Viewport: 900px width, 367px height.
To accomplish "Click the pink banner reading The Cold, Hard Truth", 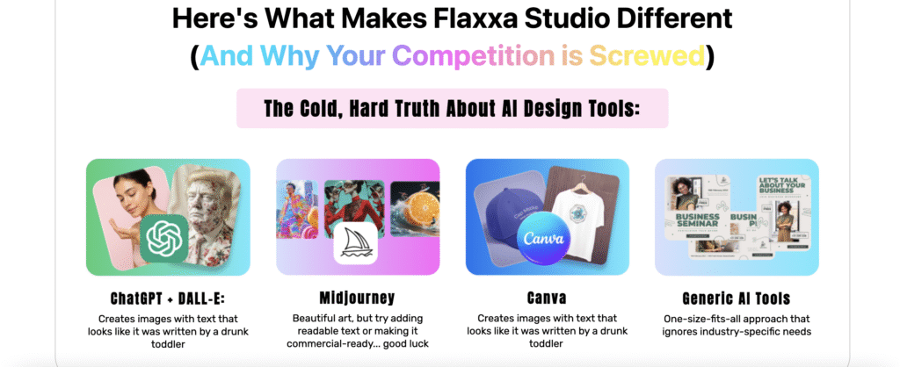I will (x=452, y=108).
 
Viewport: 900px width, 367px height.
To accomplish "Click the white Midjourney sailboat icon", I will (x=356, y=244).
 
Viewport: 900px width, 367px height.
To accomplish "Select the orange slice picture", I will (x=414, y=210).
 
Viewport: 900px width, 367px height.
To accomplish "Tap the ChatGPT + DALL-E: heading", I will (x=168, y=298).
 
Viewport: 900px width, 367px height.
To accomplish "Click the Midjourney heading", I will (x=356, y=298).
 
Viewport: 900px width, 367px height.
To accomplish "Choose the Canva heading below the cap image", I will (x=546, y=298).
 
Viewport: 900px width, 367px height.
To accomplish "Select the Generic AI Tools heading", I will (x=736, y=298).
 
